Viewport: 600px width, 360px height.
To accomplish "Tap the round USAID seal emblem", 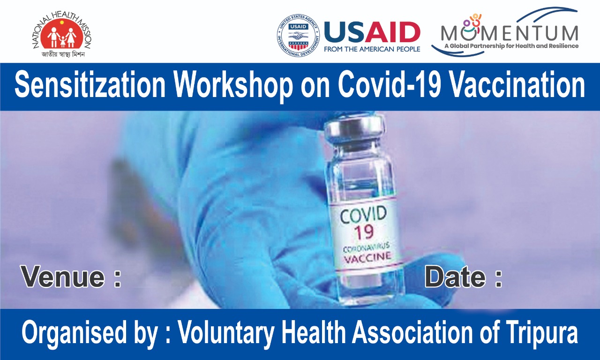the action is [298, 35].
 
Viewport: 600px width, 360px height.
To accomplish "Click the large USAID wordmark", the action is [372, 32].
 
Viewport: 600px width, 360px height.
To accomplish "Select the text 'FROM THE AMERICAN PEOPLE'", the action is [372, 49].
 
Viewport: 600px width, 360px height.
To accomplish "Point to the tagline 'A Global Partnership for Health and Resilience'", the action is [511, 46].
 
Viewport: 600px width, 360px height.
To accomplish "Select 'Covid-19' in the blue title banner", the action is [389, 85].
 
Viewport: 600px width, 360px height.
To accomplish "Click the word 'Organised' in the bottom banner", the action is [74, 334].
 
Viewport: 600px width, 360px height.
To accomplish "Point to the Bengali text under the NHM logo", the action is [63, 54].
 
